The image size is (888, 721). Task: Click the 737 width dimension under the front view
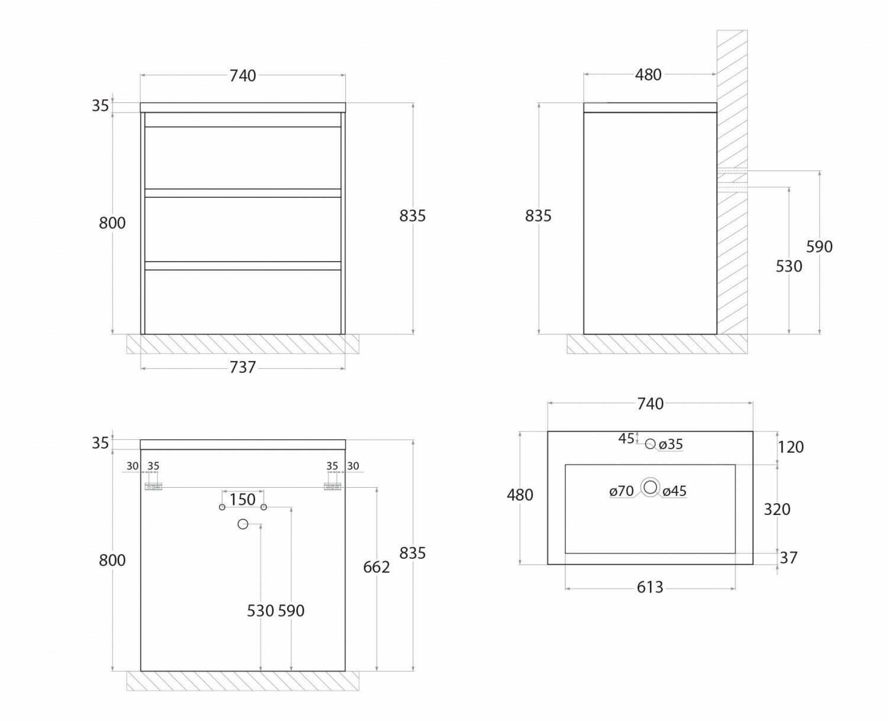[243, 368]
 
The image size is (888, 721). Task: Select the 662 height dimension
[377, 567]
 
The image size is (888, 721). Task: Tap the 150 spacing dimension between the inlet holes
[243, 500]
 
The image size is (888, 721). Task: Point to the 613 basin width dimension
[650, 587]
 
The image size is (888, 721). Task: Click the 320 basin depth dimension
[777, 509]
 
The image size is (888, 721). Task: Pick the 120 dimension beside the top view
[791, 447]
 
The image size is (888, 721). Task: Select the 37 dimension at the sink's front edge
[789, 558]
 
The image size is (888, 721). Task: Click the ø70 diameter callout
[622, 491]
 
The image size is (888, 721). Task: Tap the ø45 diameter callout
[674, 491]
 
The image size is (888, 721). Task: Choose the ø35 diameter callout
[671, 444]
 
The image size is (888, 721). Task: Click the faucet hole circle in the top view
[650, 444]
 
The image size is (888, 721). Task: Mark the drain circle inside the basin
[651, 487]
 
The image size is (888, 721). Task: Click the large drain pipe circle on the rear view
[242, 524]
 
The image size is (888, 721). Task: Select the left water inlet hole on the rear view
[222, 507]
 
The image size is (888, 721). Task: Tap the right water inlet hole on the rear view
[264, 507]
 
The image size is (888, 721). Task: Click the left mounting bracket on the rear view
[154, 487]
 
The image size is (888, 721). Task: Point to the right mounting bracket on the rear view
[332, 487]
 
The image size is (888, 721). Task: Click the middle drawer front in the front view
[243, 229]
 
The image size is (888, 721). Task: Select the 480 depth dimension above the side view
[648, 75]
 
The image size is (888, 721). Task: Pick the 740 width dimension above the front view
[243, 76]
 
